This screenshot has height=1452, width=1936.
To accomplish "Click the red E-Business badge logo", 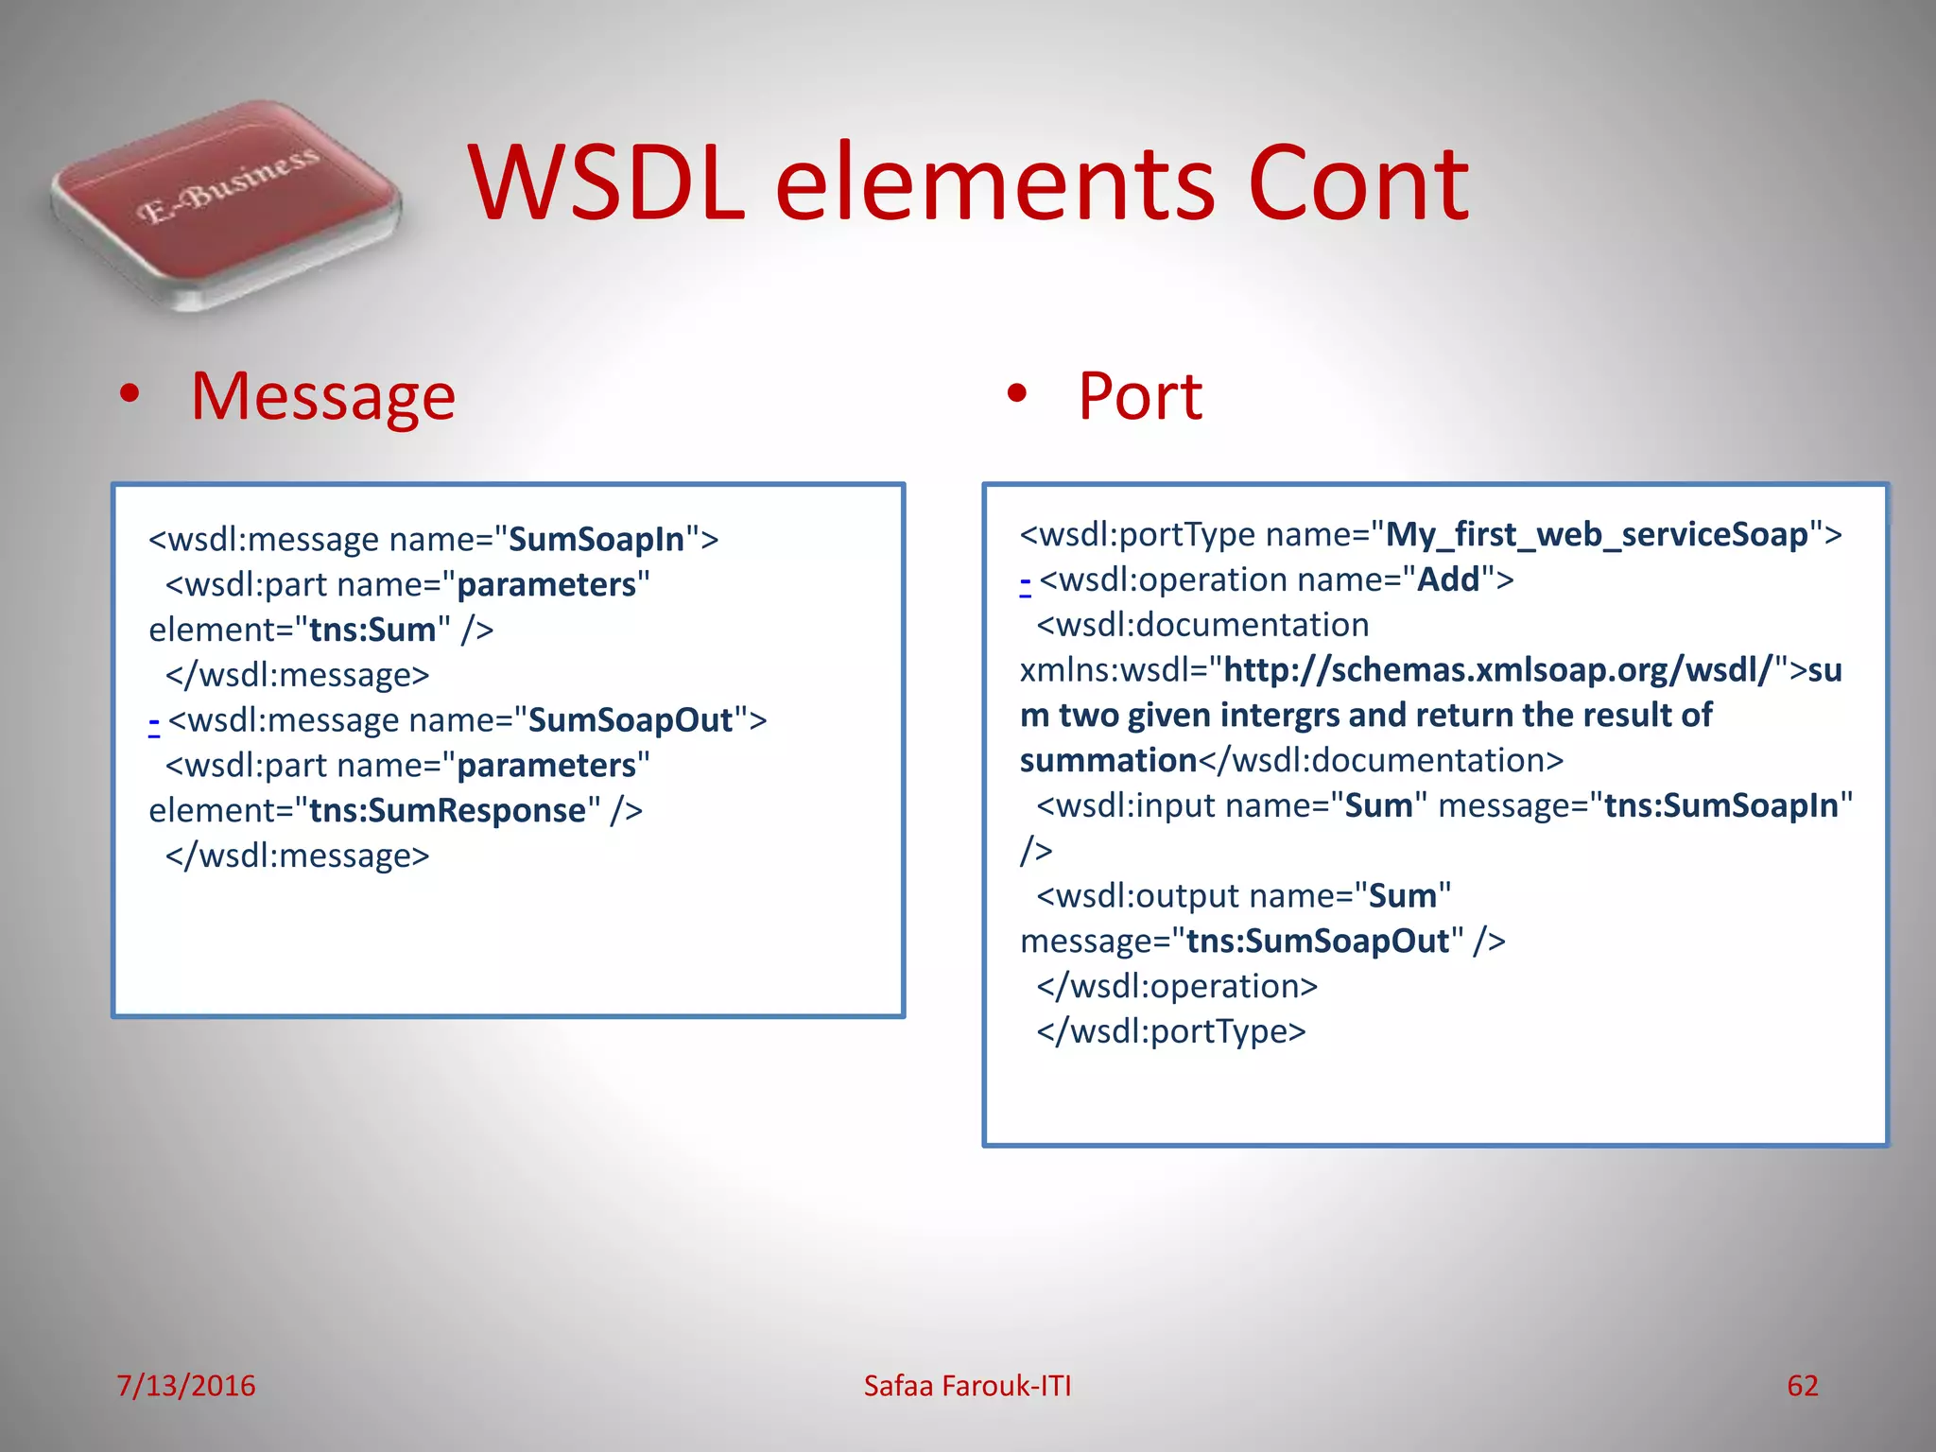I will point(227,203).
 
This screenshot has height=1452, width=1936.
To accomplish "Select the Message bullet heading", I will point(322,396).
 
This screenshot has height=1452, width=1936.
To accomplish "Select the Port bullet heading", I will point(1139,396).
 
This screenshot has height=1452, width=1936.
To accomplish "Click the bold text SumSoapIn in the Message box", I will point(596,540).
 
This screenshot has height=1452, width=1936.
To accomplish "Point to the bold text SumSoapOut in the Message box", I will point(631,720).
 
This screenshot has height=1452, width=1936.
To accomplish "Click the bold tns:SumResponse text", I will point(448,811).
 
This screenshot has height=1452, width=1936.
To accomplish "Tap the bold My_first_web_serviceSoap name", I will point(1597,535).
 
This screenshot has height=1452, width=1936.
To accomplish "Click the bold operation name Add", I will point(1448,579).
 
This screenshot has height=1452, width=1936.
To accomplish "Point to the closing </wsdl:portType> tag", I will point(1171,1031).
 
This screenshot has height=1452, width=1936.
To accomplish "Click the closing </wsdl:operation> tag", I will point(1177,986).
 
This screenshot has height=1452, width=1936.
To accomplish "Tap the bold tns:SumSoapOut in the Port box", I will point(1318,942).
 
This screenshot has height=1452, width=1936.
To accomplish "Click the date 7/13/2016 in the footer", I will point(186,1386).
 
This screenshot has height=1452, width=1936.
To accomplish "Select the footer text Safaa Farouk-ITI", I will point(967,1386).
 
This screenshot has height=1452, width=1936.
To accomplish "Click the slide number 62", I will point(1802,1386).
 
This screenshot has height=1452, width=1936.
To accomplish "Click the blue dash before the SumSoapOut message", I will point(154,723).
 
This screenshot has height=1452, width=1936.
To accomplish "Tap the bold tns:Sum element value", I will point(372,631).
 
